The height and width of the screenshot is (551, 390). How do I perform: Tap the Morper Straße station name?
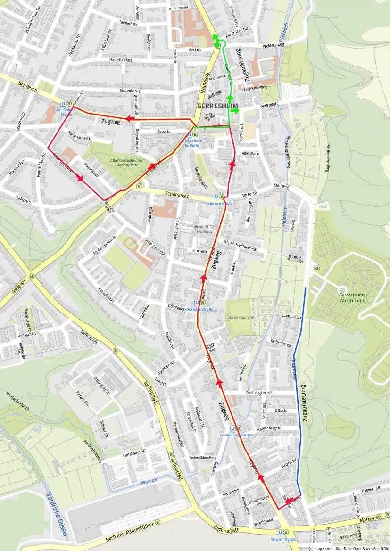coord(283,539)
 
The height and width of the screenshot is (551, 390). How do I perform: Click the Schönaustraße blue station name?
coord(219,204)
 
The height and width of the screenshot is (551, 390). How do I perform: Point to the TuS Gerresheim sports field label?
coord(240,317)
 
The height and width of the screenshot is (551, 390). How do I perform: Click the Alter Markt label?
coord(250,154)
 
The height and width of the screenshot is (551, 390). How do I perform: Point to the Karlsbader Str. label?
coord(126,455)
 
